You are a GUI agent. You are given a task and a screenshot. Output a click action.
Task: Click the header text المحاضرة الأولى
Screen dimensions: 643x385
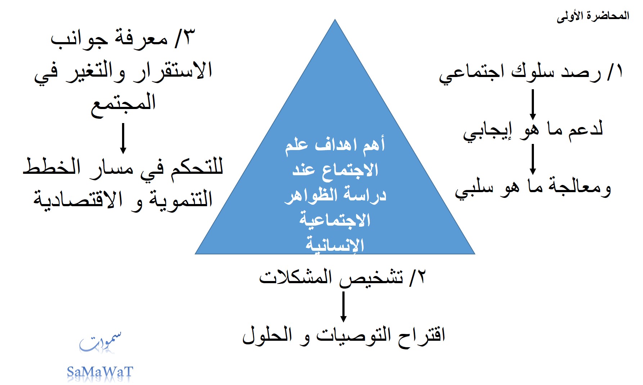[x=593, y=16]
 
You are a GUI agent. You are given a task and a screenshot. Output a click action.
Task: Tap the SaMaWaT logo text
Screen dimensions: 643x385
[x=100, y=372]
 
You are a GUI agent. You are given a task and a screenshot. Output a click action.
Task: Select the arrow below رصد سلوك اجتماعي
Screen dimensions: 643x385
[x=532, y=104]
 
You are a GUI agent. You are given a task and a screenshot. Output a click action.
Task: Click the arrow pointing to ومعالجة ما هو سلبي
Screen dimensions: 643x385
[x=532, y=159]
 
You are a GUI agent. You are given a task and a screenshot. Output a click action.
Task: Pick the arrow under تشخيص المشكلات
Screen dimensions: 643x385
[x=343, y=307]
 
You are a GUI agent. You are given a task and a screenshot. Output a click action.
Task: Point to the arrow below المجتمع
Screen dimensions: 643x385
[x=123, y=138]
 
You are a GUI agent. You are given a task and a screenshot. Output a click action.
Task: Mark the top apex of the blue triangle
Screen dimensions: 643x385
[x=335, y=19]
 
